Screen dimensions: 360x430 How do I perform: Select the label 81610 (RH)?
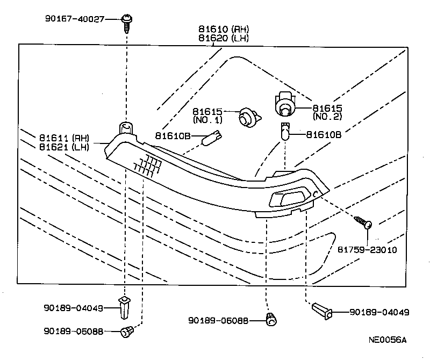[x=217, y=29]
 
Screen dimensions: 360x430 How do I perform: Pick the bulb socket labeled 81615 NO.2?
[x=285, y=104]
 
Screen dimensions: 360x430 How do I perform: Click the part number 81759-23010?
[x=368, y=250]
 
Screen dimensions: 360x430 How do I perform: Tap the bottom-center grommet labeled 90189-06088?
[x=271, y=320]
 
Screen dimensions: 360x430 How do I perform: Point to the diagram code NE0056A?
[x=388, y=340]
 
